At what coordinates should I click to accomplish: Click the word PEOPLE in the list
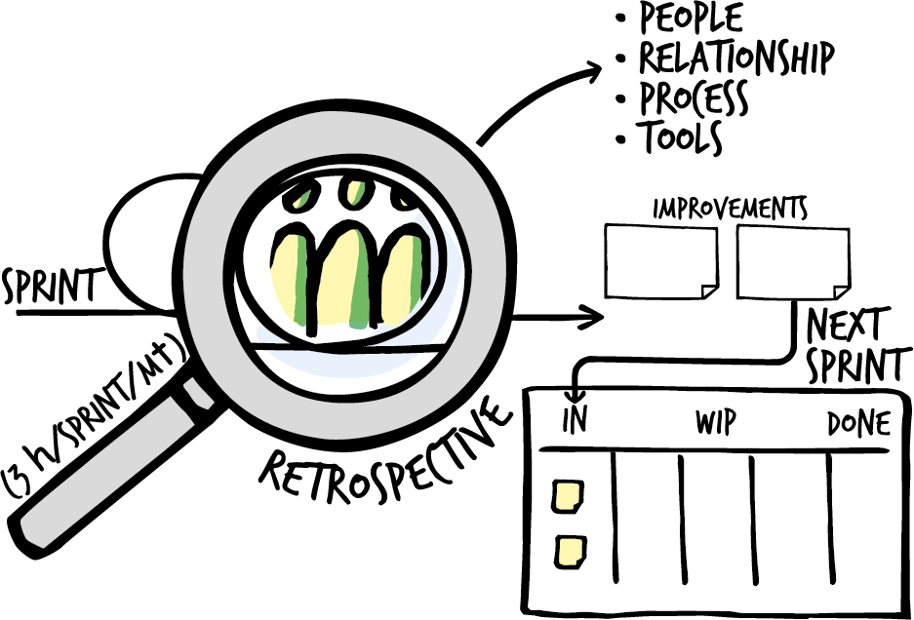(691, 18)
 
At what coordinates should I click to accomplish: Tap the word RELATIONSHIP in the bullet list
(736, 58)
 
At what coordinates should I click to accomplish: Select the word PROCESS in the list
(694, 98)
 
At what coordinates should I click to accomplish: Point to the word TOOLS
(681, 138)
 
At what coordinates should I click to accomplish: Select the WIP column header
(715, 424)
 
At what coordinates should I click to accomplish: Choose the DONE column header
(858, 425)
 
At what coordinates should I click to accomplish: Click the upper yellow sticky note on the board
(567, 496)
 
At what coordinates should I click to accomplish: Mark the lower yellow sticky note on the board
(569, 552)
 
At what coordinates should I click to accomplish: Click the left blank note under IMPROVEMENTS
(660, 260)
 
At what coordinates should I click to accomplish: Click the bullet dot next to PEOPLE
(620, 19)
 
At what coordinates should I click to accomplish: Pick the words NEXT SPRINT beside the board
(851, 343)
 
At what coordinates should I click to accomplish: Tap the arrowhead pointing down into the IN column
(574, 394)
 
